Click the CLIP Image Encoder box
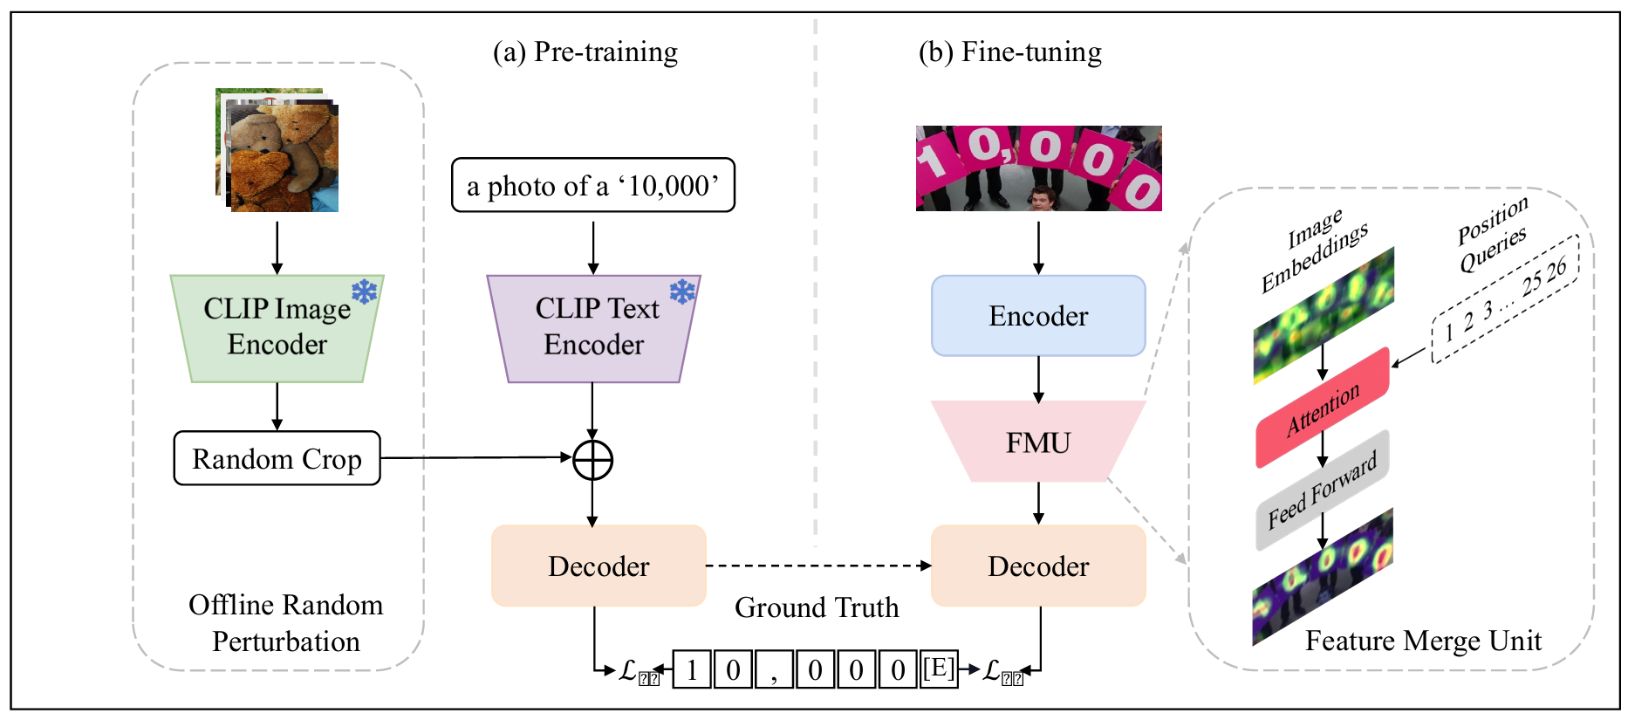pos(277,328)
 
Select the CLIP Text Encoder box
pos(593,328)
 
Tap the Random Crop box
pos(277,458)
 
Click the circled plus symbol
pos(592,460)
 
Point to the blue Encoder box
pos(1038,316)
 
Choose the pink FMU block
pos(1038,442)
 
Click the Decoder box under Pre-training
pos(599,566)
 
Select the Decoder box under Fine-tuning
pos(1038,566)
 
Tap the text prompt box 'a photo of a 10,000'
pos(593,185)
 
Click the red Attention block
pos(1323,408)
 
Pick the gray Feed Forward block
pos(1323,490)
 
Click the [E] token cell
pos(940,669)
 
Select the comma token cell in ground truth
pos(774,670)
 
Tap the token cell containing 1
pos(692,670)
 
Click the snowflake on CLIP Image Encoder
pos(365,291)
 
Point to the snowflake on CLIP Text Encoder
pos(682,291)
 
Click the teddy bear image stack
pos(277,150)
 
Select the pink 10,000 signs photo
pos(1038,168)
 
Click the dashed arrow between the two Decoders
pos(818,566)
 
